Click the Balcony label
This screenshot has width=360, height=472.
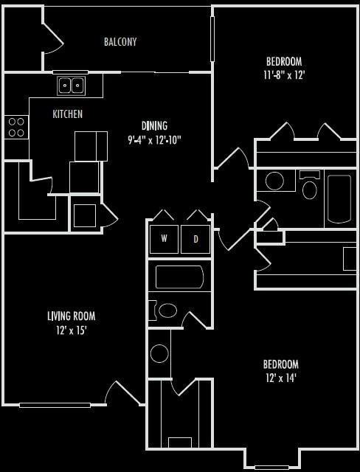tap(120, 42)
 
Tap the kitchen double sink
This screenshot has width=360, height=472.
tap(72, 85)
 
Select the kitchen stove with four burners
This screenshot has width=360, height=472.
tap(16, 127)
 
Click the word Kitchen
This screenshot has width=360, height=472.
tap(67, 114)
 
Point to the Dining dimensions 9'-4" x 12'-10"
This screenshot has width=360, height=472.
tap(154, 139)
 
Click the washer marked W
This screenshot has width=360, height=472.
tap(164, 239)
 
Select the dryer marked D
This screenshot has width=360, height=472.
tap(195, 239)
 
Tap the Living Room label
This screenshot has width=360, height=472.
tap(71, 316)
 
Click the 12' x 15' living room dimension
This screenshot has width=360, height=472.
tap(71, 330)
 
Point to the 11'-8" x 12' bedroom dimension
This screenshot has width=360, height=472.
tap(284, 74)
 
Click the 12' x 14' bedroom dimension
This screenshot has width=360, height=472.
tap(281, 378)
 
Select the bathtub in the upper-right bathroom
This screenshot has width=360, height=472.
tap(339, 198)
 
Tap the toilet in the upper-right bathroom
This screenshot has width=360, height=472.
tap(310, 188)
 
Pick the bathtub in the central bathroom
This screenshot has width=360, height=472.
tap(179, 277)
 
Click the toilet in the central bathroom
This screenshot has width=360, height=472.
tap(167, 310)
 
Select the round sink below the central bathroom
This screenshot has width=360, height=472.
tap(159, 353)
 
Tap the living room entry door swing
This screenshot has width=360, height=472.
tap(122, 393)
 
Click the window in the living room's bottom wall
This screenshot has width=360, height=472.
tap(55, 405)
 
